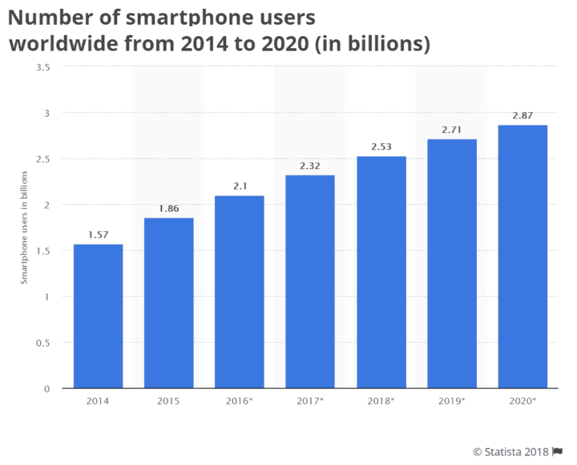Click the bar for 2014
[98, 316]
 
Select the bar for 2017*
[310, 282]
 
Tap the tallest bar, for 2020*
[523, 256]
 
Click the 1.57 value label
[98, 235]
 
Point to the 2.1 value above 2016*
[240, 186]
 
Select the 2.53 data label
[381, 147]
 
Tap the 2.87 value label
[523, 116]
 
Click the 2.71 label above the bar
[452, 130]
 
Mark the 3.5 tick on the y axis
[44, 66]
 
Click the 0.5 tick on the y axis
[44, 343]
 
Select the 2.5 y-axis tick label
[44, 158]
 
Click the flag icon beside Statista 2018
[558, 452]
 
